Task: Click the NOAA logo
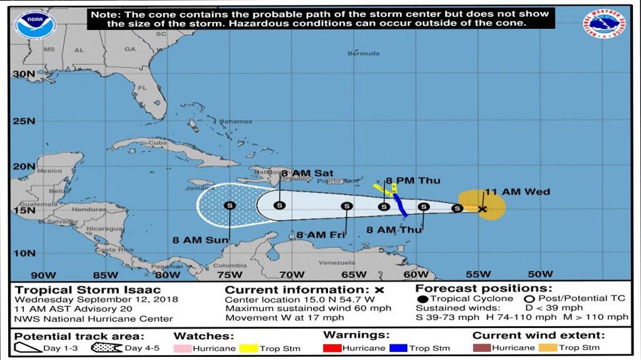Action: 36,23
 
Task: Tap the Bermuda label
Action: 364,54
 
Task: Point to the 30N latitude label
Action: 23,74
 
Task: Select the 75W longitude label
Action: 229,274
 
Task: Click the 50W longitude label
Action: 540,274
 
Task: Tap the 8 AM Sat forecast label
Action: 307,173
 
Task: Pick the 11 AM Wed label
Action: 517,192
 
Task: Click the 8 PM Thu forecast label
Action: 413,181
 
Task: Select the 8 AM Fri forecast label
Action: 321,235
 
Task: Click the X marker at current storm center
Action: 482,209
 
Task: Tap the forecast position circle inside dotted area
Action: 229,205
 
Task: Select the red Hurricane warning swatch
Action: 332,348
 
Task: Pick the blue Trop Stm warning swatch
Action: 397,348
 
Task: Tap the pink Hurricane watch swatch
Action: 182,348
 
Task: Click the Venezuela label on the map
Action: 337,263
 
